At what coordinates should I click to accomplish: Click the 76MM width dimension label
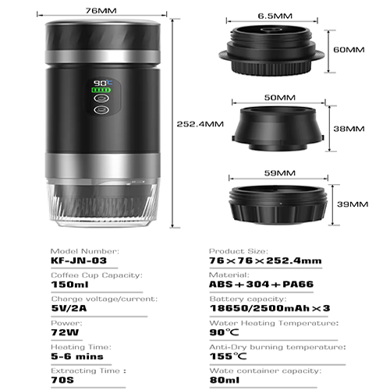click(x=101, y=11)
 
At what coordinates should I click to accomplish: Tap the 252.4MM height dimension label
click(x=200, y=124)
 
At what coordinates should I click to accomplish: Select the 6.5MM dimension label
click(x=275, y=16)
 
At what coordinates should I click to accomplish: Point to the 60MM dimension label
click(x=349, y=49)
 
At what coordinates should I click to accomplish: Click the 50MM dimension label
click(x=280, y=97)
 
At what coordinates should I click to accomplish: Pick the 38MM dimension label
click(x=349, y=129)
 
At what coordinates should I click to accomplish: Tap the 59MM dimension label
click(x=280, y=173)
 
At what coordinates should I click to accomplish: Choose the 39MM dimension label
click(x=353, y=204)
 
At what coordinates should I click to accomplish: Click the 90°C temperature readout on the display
click(x=103, y=83)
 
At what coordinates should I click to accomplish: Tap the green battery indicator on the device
click(x=101, y=90)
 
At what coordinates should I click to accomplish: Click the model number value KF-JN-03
click(x=79, y=261)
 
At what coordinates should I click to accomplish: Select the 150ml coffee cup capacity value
click(x=69, y=285)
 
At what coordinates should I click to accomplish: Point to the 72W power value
click(x=65, y=332)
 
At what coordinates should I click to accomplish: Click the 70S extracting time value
click(x=62, y=380)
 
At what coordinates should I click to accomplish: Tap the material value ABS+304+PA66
click(x=261, y=284)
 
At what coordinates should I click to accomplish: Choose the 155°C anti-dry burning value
click(x=228, y=356)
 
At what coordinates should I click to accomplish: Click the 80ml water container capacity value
click(x=225, y=380)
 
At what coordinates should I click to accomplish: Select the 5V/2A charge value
click(x=69, y=308)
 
